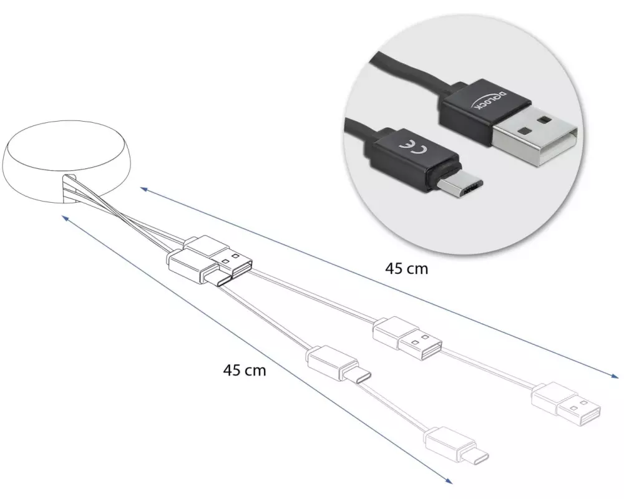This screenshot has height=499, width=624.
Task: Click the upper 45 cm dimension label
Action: [x=406, y=269]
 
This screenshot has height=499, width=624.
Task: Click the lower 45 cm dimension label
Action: [x=245, y=371]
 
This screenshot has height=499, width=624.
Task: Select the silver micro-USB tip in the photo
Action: [x=461, y=187]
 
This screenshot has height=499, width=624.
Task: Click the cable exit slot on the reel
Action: [x=69, y=187]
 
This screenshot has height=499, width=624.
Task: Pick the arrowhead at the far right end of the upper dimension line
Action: [x=615, y=375]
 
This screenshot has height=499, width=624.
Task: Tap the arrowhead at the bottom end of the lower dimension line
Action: [x=449, y=480]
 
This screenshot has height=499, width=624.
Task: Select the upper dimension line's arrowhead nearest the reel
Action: [x=145, y=189]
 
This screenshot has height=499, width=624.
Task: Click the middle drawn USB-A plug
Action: [x=407, y=339]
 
